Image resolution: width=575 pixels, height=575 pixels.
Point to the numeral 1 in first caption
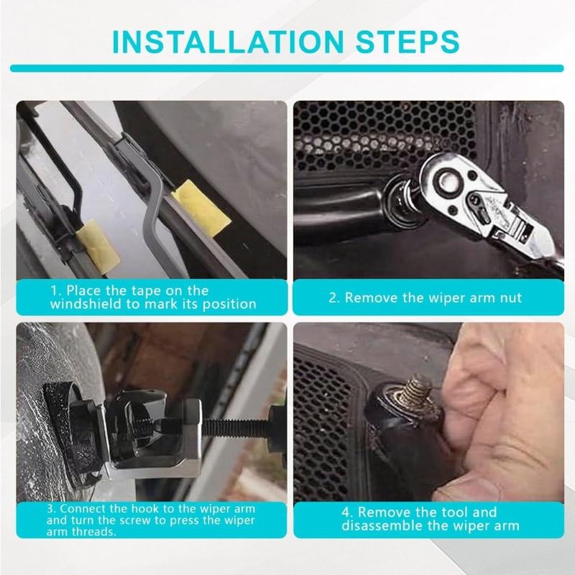pos(53,290)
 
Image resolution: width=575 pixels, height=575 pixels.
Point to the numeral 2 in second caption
pos(333,297)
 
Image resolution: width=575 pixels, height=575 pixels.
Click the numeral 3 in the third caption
pos(53,509)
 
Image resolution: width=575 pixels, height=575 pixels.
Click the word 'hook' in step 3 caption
pos(149,509)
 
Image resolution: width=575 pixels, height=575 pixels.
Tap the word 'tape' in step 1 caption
pos(152,290)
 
